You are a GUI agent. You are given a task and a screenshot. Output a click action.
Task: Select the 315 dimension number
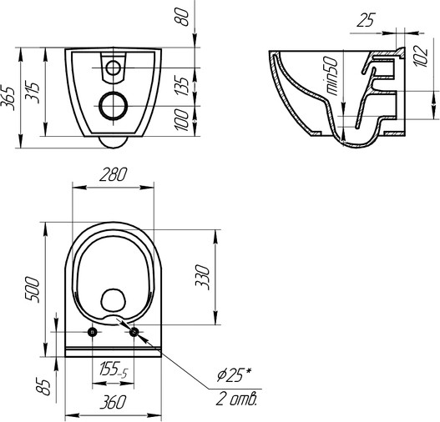[32, 93]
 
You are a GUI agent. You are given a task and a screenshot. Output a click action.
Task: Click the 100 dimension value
[181, 119]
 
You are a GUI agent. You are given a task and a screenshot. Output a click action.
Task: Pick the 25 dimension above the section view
[367, 21]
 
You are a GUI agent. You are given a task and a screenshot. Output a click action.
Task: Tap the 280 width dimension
[114, 174]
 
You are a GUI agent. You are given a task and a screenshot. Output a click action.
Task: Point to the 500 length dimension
[32, 289]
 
